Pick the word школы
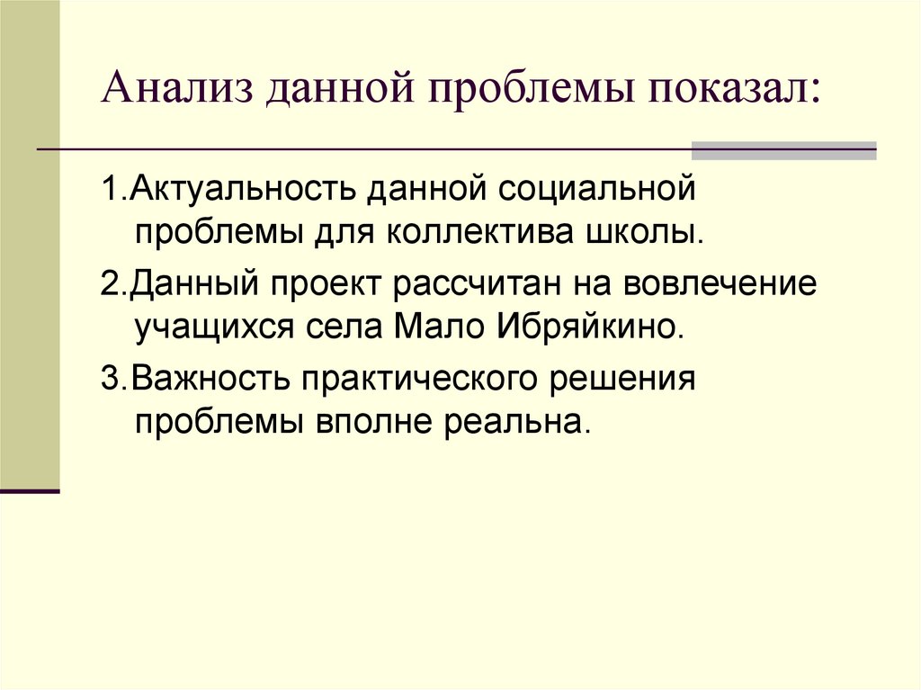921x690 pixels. pyautogui.click(x=655, y=233)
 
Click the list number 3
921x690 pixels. pyautogui.click(x=108, y=378)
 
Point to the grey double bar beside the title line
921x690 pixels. pyautogui.click(x=782, y=150)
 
